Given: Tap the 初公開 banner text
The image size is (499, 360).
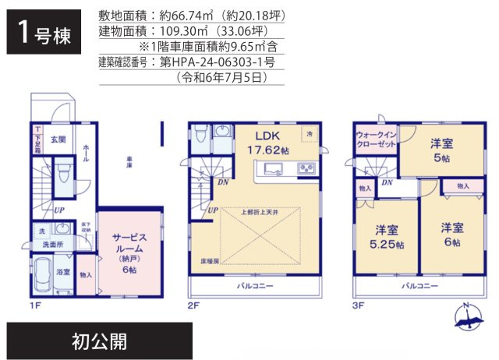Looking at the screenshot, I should (x=97, y=341).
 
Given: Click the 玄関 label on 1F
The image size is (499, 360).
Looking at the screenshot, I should (x=58, y=140).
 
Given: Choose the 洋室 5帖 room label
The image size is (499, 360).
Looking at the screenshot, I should (x=442, y=150).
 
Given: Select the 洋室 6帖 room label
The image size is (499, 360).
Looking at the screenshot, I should (x=451, y=235).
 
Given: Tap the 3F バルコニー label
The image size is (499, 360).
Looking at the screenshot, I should (x=419, y=286).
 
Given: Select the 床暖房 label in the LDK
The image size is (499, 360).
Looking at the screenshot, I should (x=210, y=261).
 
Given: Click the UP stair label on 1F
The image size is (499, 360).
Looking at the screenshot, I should (x=58, y=210).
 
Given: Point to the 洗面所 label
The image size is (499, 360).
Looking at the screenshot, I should (x=51, y=245).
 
